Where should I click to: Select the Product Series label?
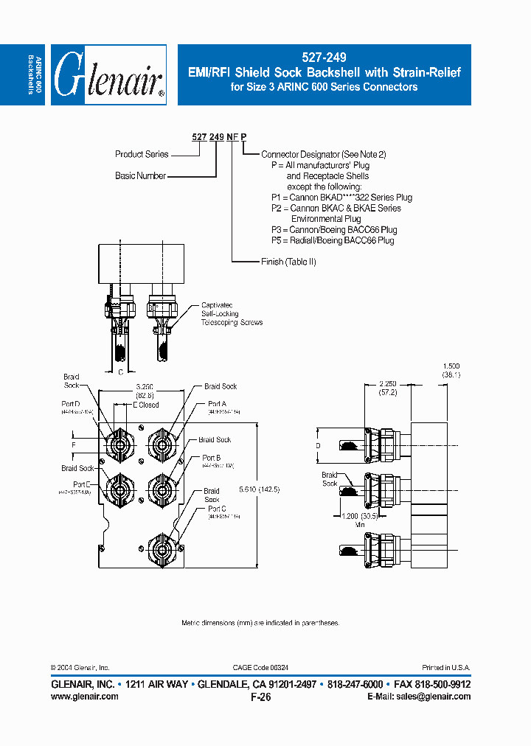(142, 154)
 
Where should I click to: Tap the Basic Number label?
(140, 176)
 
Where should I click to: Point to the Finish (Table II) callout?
(288, 262)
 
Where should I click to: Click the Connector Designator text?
(323, 154)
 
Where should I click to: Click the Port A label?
(217, 404)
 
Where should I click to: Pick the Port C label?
(217, 509)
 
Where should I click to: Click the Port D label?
(72, 403)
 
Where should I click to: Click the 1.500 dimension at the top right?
(451, 366)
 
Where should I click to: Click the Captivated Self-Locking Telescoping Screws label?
(232, 314)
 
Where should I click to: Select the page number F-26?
(261, 697)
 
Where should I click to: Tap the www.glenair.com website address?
(85, 697)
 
